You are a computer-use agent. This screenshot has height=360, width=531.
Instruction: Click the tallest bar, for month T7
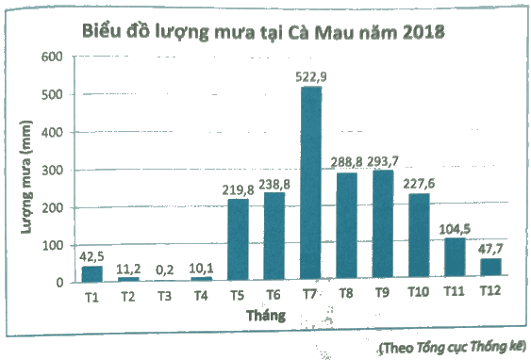(x=311, y=183)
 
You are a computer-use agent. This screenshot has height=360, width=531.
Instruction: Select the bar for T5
(x=238, y=239)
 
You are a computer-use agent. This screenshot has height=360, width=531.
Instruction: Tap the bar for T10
(x=419, y=236)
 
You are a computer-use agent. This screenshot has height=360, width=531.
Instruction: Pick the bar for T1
(x=91, y=274)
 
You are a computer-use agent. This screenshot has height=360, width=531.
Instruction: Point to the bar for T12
(x=490, y=267)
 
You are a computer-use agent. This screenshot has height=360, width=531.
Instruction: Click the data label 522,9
(x=311, y=76)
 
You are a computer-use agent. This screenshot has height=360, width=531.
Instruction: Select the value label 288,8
(x=346, y=162)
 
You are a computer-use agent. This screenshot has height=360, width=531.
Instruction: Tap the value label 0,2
(x=165, y=270)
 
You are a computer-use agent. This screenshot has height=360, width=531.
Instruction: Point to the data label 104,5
(x=455, y=229)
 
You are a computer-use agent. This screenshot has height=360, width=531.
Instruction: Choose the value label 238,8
(x=274, y=185)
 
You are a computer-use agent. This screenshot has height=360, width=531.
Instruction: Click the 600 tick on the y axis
(x=52, y=57)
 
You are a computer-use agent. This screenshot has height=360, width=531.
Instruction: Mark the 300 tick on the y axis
(x=53, y=171)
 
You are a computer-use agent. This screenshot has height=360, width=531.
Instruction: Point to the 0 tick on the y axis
(x=60, y=283)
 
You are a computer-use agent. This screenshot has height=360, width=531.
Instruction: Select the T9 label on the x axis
(x=383, y=293)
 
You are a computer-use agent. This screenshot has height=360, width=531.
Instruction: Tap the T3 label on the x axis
(x=165, y=297)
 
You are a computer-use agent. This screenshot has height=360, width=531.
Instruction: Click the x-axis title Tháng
(x=266, y=316)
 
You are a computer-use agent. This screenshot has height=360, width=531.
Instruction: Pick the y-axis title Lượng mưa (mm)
(x=26, y=176)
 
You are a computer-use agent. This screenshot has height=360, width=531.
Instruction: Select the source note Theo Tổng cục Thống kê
(x=453, y=347)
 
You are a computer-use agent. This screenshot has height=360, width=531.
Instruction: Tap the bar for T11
(x=455, y=256)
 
